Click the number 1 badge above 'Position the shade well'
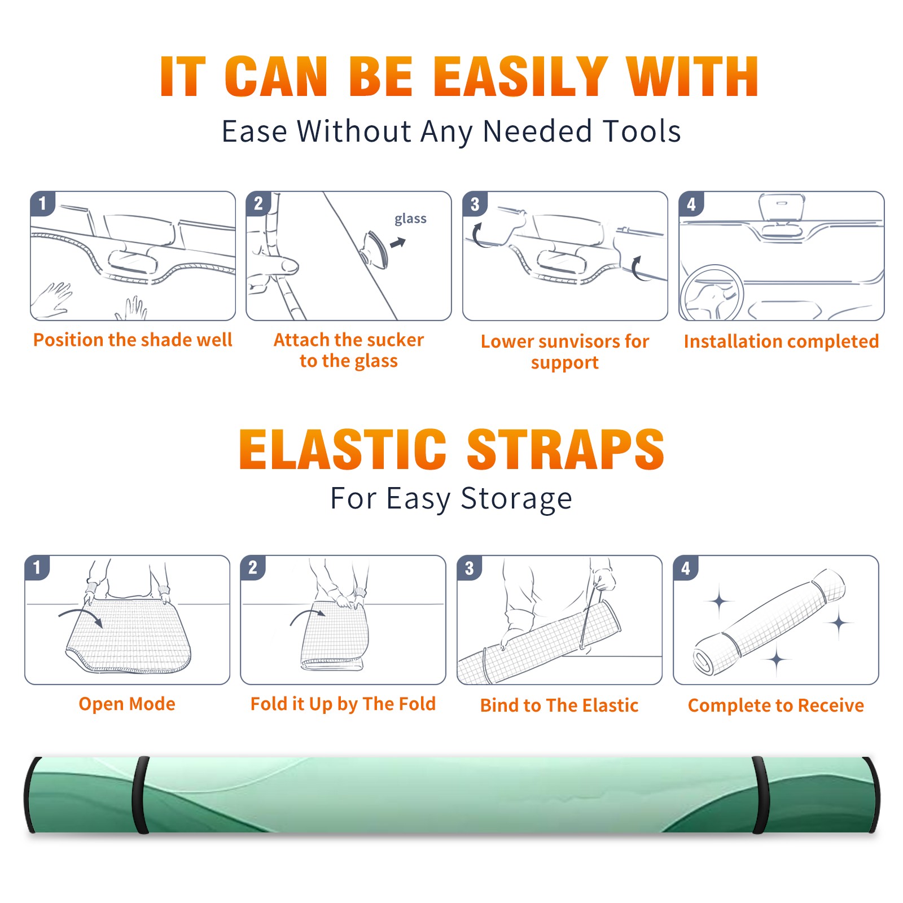43,203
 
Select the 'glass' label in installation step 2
410,219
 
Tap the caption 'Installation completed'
781,341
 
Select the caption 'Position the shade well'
133,340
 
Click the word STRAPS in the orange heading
566,449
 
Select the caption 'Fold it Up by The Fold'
343,704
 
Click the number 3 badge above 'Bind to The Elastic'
470,568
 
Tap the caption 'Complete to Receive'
776,705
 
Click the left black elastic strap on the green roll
141,795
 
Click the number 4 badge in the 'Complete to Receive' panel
686,568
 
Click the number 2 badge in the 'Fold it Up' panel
253,567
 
